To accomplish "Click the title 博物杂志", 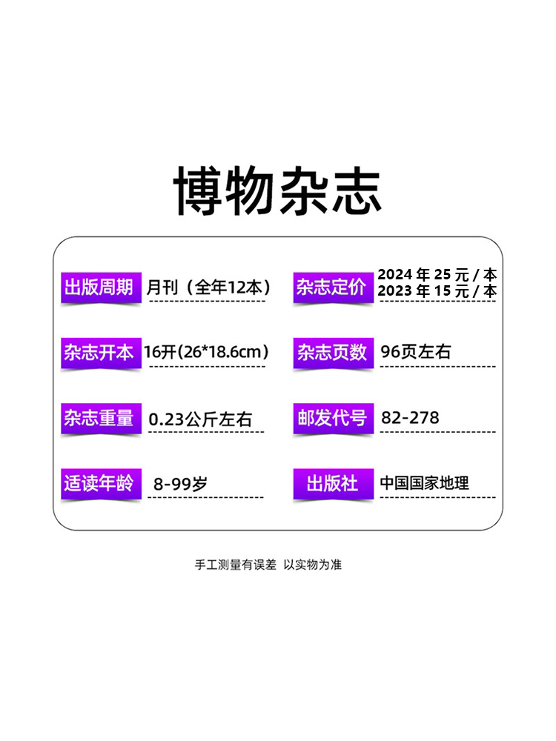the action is (278, 191).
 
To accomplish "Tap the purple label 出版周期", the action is (99, 288).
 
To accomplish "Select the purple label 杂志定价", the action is (331, 288).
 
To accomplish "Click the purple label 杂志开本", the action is (99, 353).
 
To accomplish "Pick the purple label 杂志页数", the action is (331, 353).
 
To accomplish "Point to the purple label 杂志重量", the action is (99, 418).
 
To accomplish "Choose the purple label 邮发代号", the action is (331, 418).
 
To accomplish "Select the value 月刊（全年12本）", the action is (208, 288).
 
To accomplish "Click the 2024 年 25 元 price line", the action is (437, 276).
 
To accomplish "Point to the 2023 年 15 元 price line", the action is (437, 291).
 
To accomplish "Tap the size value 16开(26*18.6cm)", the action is (206, 352).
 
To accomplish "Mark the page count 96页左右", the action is (415, 352).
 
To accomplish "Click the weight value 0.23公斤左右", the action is (200, 419).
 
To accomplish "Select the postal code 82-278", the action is (410, 418).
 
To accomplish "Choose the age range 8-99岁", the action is (180, 484).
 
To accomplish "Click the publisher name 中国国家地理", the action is (424, 483).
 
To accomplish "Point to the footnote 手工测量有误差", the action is (235, 565).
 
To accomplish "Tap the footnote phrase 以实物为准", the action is (313, 565).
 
